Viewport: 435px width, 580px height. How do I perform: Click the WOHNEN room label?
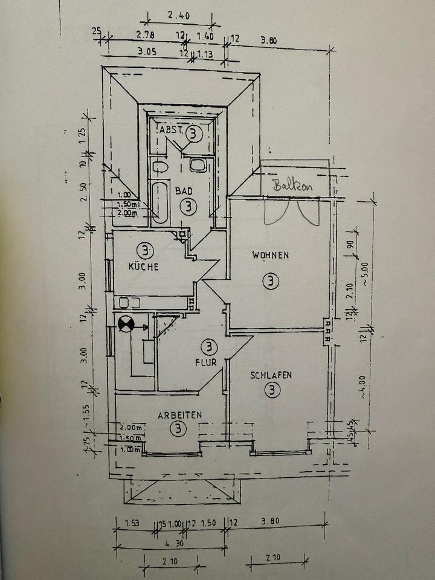[270, 255]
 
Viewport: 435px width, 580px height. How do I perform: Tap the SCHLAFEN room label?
[271, 375]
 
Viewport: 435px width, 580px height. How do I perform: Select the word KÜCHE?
[143, 266]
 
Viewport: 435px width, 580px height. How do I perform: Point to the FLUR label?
[205, 363]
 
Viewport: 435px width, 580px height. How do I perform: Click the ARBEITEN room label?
[179, 415]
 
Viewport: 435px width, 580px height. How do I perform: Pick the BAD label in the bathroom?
[184, 191]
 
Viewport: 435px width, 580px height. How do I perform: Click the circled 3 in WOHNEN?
[272, 281]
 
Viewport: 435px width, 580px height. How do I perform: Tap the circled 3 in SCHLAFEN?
[272, 390]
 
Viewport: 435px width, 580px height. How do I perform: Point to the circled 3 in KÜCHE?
[144, 249]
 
